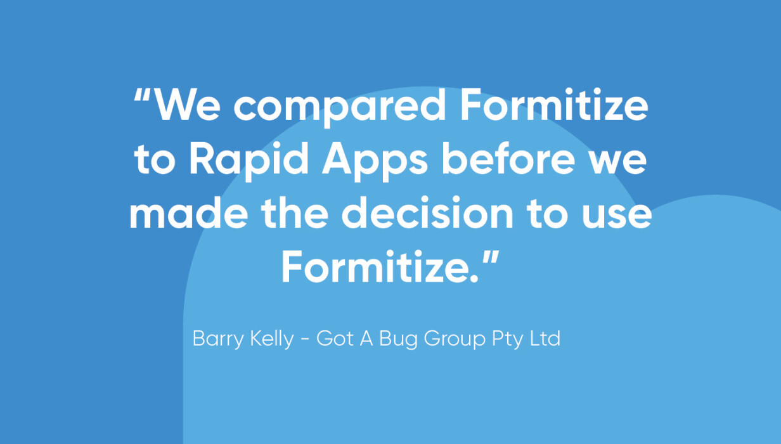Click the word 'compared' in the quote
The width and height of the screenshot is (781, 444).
(x=339, y=107)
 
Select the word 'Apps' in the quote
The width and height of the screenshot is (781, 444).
(x=375, y=161)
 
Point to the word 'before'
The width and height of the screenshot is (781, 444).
(x=508, y=159)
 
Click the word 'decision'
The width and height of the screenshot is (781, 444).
(x=427, y=212)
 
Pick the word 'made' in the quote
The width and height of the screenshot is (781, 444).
(x=189, y=212)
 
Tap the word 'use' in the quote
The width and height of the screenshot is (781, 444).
(x=617, y=215)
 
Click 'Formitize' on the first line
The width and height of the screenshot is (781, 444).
(x=554, y=104)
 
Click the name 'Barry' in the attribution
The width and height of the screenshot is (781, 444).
(x=218, y=339)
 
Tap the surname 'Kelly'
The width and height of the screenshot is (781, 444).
(x=273, y=339)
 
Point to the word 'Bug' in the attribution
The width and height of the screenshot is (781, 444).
(x=398, y=339)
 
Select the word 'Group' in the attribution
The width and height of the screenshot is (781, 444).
(x=455, y=339)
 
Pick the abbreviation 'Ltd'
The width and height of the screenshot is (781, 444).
(x=545, y=338)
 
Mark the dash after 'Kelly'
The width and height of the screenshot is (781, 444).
(x=305, y=339)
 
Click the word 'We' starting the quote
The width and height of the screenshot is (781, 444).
(x=187, y=105)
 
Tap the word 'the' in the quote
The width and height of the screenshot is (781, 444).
(x=295, y=212)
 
